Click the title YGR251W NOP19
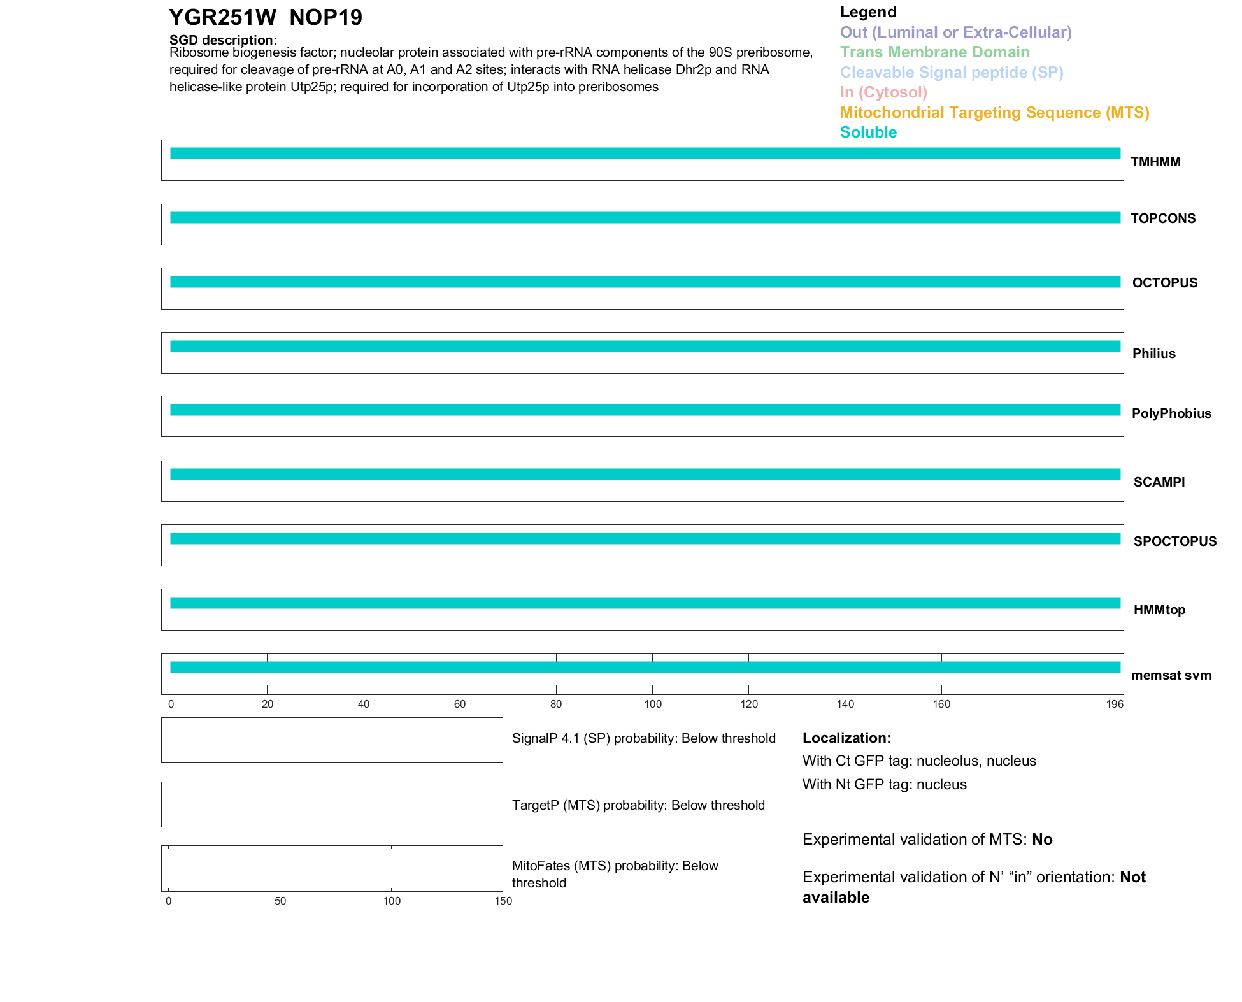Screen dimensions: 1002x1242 pyautogui.click(x=265, y=17)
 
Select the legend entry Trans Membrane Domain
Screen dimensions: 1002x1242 pyautogui.click(x=934, y=52)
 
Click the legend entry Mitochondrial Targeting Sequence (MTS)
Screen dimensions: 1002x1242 pyautogui.click(x=994, y=113)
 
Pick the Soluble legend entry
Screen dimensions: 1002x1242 pyautogui.click(x=868, y=132)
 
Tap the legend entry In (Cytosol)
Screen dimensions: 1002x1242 pyautogui.click(x=883, y=92)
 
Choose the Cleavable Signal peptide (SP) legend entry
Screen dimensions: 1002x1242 pyautogui.click(x=952, y=73)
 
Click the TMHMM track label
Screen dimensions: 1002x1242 pyautogui.click(x=1155, y=162)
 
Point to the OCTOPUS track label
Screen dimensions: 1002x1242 pyautogui.click(x=1164, y=283)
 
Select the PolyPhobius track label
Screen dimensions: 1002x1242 pyautogui.click(x=1171, y=413)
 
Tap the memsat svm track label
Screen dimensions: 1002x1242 pyautogui.click(x=1171, y=675)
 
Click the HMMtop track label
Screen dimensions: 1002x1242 pyautogui.click(x=1159, y=610)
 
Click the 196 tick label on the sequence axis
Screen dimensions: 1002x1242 pyautogui.click(x=1115, y=704)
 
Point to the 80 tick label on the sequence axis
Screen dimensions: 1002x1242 pyautogui.click(x=556, y=704)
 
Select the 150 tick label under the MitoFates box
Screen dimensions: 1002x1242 pyautogui.click(x=503, y=901)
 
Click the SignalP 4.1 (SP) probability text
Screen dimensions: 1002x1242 pyautogui.click(x=643, y=738)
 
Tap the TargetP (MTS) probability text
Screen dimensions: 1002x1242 pyautogui.click(x=638, y=805)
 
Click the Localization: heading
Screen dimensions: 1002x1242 pyautogui.click(x=846, y=738)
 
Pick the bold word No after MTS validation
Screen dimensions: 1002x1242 pyautogui.click(x=1042, y=840)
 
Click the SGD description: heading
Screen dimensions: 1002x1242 pyautogui.click(x=223, y=40)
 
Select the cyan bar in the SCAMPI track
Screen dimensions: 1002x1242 pyautogui.click(x=645, y=475)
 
